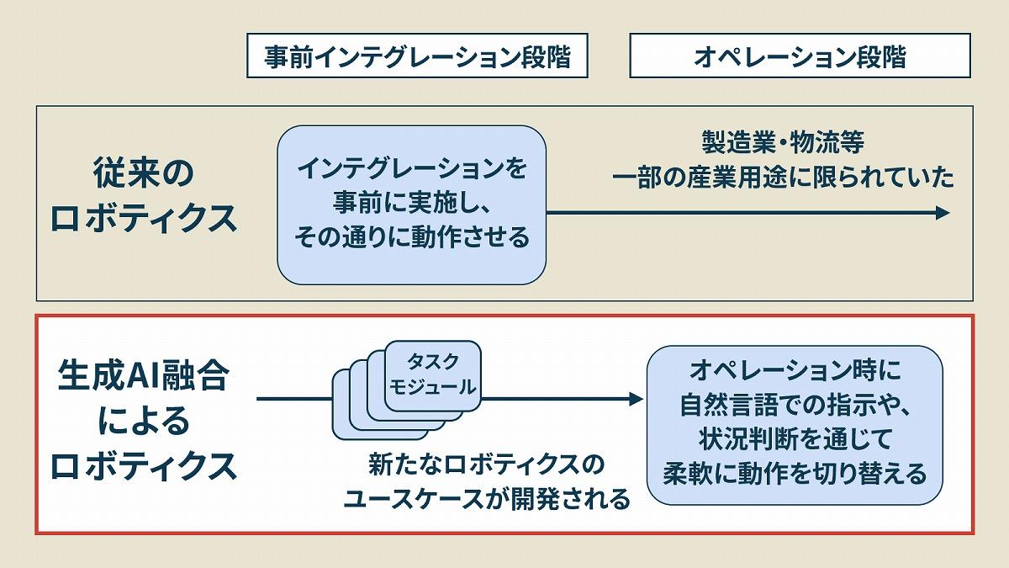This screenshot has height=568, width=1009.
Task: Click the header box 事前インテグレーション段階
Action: click(x=417, y=56)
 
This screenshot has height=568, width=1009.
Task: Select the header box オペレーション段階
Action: click(x=800, y=56)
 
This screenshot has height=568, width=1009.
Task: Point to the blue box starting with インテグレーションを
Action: click(x=412, y=204)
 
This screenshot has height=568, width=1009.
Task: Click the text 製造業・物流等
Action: click(x=782, y=142)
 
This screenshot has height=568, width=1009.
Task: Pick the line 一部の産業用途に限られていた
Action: click(x=784, y=178)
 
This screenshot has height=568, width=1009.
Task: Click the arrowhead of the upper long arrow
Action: click(x=942, y=213)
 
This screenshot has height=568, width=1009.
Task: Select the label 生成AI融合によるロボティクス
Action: click(x=144, y=422)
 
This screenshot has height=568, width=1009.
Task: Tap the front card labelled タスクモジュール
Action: click(x=433, y=375)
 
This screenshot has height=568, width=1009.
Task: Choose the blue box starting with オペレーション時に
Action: click(x=795, y=424)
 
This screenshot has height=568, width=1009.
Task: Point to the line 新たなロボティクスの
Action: click(x=487, y=464)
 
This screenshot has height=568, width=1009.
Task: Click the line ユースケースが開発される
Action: click(x=487, y=499)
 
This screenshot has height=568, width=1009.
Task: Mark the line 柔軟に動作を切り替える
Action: click(x=795, y=473)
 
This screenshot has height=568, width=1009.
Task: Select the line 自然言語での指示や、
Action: click(x=795, y=405)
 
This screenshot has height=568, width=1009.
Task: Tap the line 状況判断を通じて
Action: click(x=795, y=439)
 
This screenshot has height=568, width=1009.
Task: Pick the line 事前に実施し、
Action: click(x=412, y=204)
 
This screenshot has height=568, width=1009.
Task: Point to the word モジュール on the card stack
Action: click(x=433, y=388)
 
